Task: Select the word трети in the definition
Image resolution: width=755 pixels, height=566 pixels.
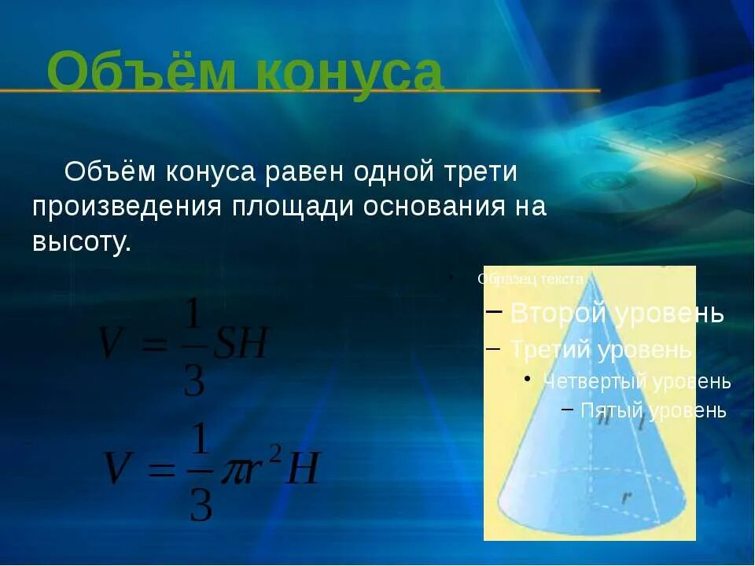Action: click(481, 171)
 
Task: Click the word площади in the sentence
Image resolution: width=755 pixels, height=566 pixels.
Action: click(296, 207)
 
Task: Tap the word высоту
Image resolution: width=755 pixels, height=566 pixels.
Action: click(81, 241)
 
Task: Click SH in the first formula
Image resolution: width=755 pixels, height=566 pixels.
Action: click(242, 344)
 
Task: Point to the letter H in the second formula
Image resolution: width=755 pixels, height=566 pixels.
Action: click(303, 470)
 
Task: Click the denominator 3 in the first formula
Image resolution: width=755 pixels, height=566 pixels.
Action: click(193, 380)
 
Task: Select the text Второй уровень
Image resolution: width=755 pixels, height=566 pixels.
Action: click(617, 313)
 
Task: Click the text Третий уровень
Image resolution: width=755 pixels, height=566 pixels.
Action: click(601, 348)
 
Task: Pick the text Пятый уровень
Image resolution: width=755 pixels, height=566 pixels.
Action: click(653, 410)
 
